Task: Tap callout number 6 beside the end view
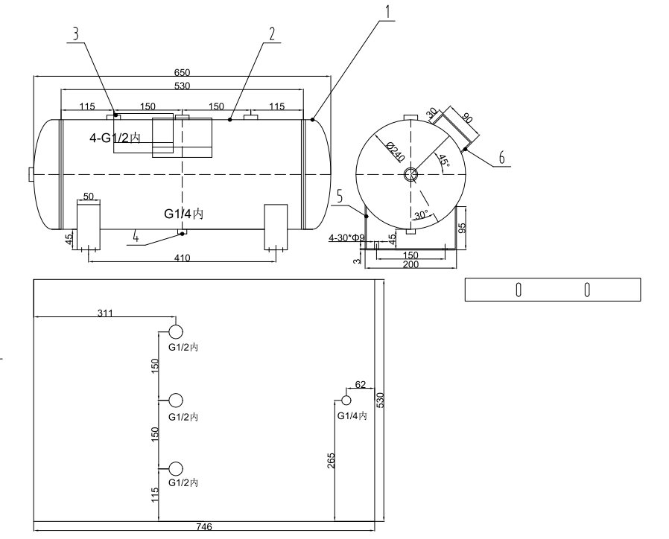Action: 501,158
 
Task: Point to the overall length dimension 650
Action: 183,72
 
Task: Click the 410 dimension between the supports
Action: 183,258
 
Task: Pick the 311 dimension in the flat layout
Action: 105,313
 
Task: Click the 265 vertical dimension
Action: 331,461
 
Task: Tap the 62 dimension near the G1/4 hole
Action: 361,385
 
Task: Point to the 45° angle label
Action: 443,160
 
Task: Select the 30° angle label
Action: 422,214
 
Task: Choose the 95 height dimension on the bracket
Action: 462,227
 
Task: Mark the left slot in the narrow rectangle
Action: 518,290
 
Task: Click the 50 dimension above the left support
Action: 89,196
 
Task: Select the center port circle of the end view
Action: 411,174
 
